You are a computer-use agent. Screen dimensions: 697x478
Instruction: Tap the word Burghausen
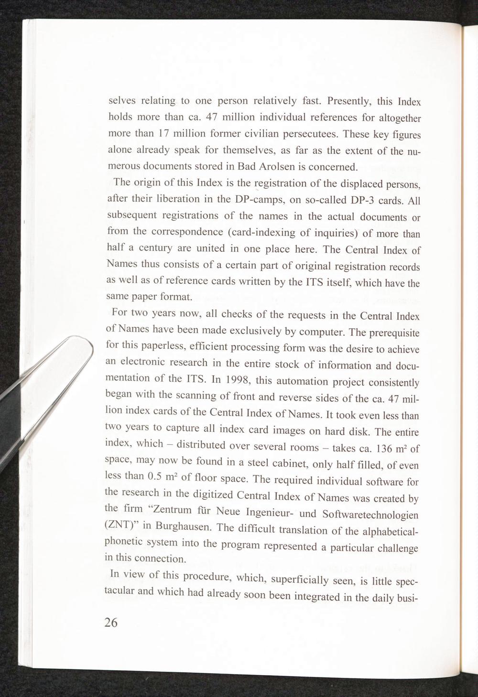click(184, 527)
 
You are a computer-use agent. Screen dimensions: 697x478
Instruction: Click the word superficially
click(303, 580)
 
